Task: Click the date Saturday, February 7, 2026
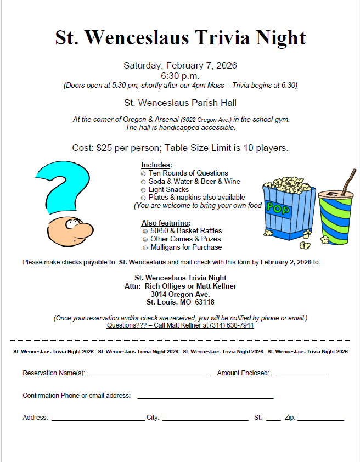180,65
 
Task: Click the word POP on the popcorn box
278,207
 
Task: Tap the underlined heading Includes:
156,165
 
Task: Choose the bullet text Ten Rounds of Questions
188,173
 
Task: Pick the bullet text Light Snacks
168,189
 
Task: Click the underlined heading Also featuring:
166,223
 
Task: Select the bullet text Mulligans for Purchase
186,247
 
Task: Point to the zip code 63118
204,302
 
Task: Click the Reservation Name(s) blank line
150,375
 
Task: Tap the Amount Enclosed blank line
300,375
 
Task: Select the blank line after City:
205,419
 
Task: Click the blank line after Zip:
320,419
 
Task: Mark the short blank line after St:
273,419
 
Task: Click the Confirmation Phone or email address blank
205,397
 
